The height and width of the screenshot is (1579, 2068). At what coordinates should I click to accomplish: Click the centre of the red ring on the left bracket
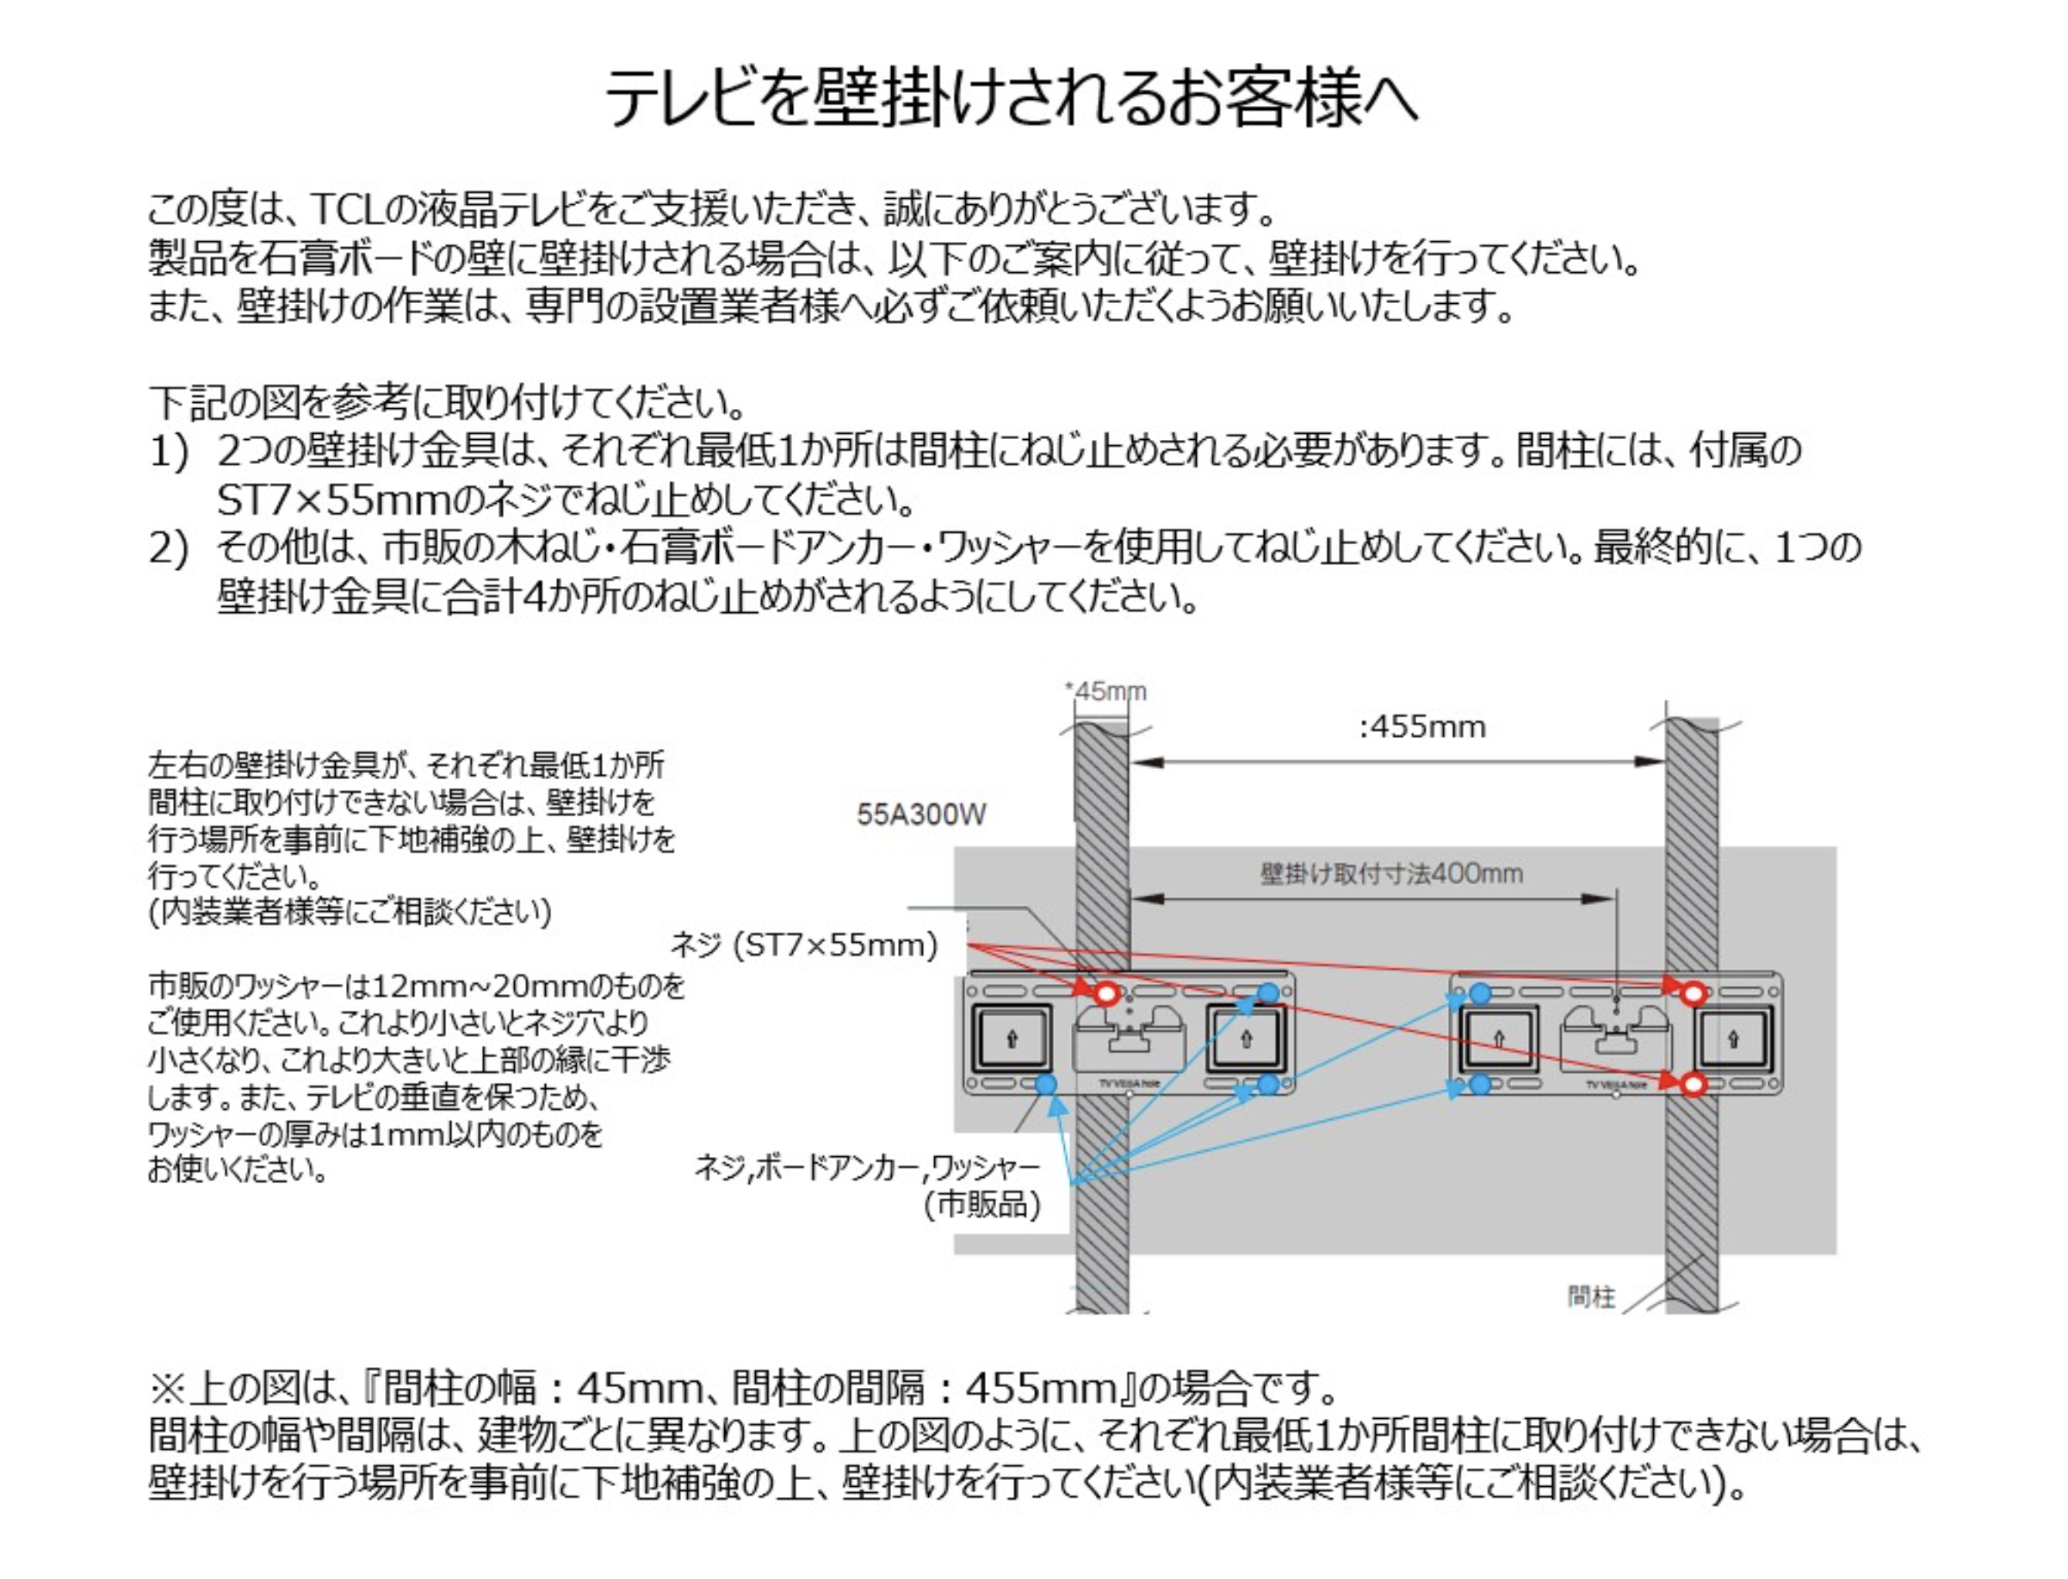tap(1107, 993)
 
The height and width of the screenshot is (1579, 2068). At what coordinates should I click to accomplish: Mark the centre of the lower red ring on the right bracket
tap(1693, 1085)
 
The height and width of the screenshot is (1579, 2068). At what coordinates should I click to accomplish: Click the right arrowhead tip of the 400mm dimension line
tap(1615, 899)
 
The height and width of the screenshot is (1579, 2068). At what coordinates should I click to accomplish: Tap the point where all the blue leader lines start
tap(1072, 1181)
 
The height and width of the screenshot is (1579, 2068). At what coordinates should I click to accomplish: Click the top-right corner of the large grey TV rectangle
tap(1836, 847)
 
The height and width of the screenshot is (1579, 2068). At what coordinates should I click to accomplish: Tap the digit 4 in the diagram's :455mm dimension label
tap(1378, 727)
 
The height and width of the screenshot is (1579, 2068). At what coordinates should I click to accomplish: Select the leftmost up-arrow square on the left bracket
tap(1012, 1039)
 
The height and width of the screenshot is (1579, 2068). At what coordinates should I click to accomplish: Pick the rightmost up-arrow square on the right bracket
tap(1732, 1039)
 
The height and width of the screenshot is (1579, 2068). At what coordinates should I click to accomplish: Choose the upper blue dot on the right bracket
tap(1480, 993)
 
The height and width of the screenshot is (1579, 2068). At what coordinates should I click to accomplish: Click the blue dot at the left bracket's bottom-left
tap(1044, 1085)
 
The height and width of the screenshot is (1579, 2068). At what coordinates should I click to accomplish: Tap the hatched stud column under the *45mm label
tap(1102, 1015)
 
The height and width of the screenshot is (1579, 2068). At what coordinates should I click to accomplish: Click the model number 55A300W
tap(921, 814)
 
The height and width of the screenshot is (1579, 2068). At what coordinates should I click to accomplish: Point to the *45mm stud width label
tap(1105, 690)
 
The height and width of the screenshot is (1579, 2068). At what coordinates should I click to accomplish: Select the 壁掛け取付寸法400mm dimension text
tap(1391, 873)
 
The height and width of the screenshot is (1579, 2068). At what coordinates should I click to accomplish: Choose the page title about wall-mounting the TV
tap(1011, 96)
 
